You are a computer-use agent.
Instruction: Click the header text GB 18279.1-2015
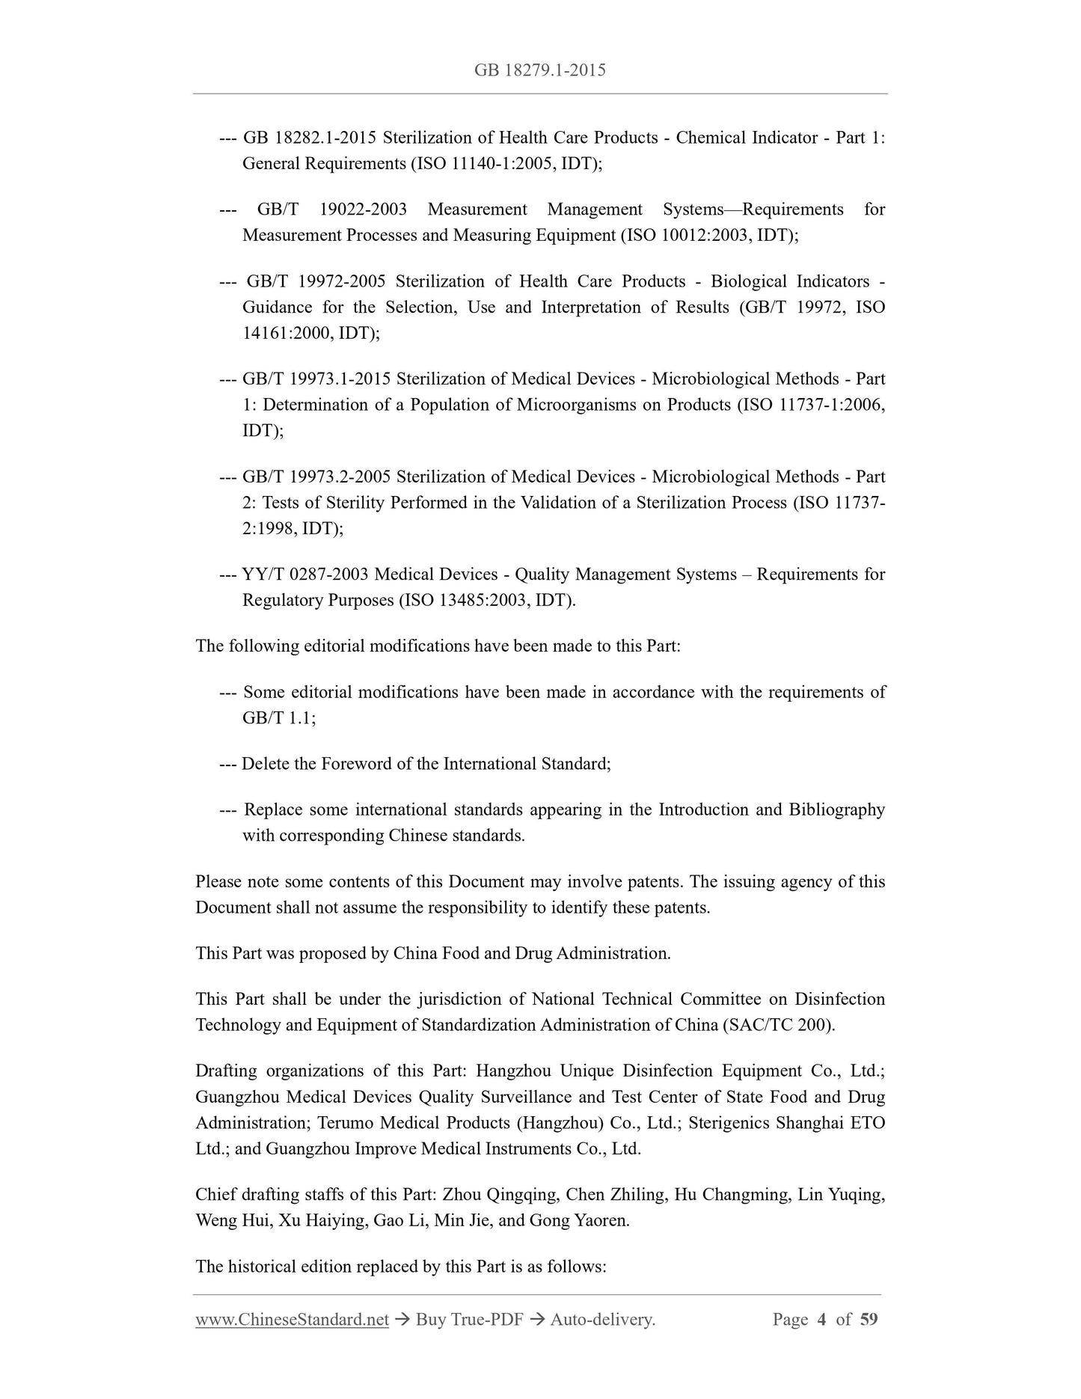coord(539,70)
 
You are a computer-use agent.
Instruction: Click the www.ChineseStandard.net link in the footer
coord(292,1319)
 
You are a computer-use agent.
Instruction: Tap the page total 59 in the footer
coord(869,1319)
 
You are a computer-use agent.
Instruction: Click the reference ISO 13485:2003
coord(465,600)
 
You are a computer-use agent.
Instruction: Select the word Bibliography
coord(836,809)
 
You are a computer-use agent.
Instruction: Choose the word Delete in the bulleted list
coord(268,764)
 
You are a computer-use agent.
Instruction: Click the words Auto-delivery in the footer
coord(602,1319)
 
